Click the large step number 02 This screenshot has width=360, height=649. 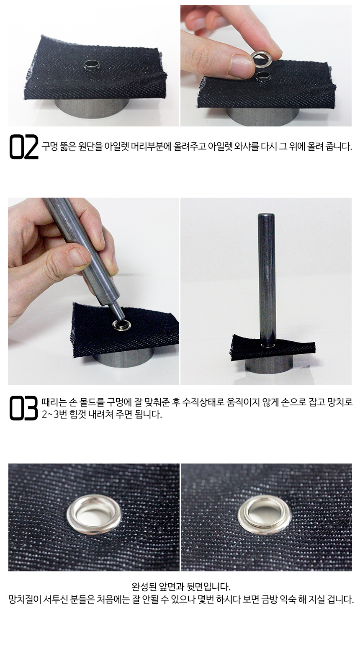click(24, 147)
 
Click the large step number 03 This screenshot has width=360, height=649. click(24, 408)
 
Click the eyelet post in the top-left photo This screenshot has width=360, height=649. click(91, 65)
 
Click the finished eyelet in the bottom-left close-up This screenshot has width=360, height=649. click(94, 515)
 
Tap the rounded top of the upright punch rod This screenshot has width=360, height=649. click(265, 215)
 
